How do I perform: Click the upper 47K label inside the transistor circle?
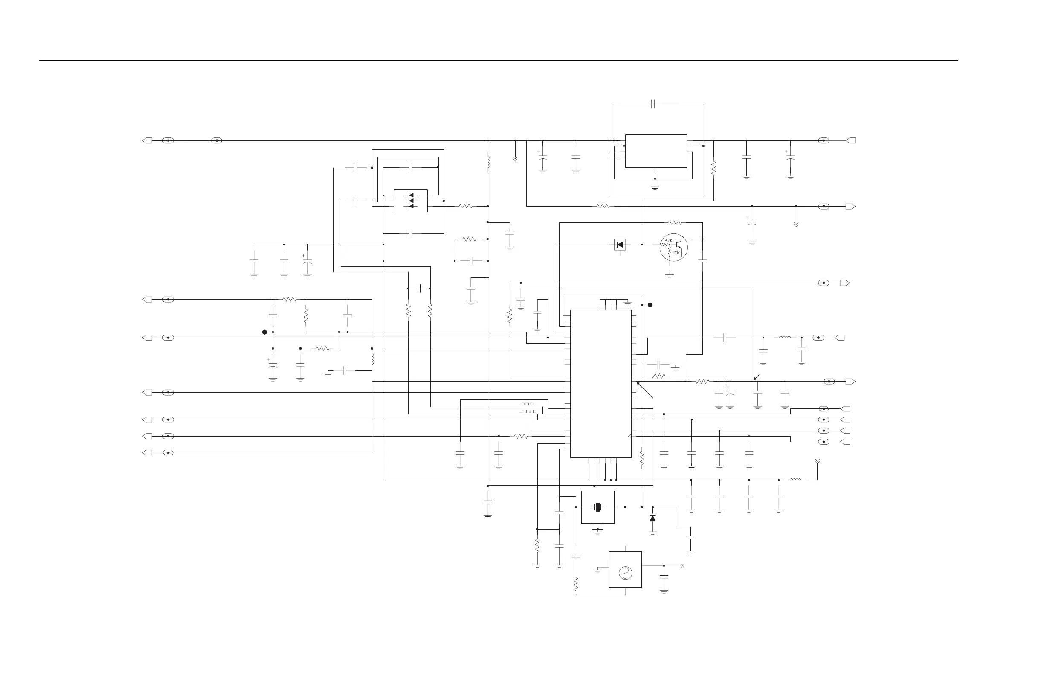669,241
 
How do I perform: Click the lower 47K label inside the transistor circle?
676,253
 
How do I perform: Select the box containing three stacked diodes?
411,201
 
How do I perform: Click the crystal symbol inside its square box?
597,507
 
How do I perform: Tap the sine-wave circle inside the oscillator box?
625,573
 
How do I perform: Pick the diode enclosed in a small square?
620,245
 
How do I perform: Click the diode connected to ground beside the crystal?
653,519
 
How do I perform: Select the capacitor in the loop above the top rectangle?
653,104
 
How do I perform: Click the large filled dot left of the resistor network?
264,332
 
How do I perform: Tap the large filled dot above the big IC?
650,305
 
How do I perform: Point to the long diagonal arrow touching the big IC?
645,390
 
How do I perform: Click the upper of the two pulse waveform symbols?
527,403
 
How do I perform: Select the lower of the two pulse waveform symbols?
527,411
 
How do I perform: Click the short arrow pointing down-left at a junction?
756,378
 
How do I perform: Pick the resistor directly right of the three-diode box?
465,206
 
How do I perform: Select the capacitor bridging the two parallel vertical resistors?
419,288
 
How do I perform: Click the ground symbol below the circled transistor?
670,276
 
